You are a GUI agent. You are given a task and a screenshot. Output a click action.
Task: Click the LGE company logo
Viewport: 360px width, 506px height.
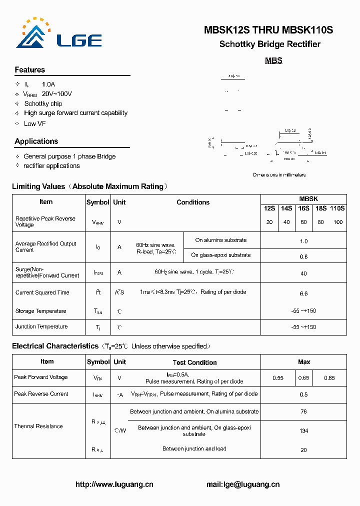[x=58, y=35]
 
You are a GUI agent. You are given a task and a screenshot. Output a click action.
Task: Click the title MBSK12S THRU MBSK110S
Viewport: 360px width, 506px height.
[x=268, y=30]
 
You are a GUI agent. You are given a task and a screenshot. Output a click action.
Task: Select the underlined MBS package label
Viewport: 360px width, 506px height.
[x=273, y=60]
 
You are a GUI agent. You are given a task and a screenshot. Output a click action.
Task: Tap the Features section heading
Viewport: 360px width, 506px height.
[x=30, y=70]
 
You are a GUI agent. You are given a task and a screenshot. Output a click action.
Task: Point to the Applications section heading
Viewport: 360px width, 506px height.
[x=36, y=141]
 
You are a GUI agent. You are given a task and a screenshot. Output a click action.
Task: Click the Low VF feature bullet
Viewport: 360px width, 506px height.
[x=35, y=123]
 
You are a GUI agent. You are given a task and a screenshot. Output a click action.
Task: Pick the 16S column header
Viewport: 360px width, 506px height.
[x=303, y=208]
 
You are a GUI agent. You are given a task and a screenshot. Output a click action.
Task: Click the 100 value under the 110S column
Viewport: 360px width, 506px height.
[x=338, y=222]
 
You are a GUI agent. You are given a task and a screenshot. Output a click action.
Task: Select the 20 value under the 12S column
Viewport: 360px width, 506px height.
[x=269, y=222]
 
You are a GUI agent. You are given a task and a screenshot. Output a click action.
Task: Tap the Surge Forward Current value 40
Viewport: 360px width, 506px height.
[x=303, y=273]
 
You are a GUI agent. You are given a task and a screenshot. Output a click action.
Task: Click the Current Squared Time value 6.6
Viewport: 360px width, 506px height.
[x=303, y=293]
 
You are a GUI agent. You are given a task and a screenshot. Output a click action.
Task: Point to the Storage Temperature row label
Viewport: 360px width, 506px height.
[x=40, y=311]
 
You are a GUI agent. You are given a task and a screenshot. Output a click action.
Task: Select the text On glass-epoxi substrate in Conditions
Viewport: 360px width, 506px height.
[x=221, y=255]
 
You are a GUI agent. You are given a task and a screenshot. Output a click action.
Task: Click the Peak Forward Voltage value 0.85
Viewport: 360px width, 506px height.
[x=329, y=378]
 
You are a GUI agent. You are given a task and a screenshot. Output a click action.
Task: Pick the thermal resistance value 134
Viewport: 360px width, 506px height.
[x=303, y=430]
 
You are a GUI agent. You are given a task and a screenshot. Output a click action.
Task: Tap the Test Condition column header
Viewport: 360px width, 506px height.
[x=194, y=362]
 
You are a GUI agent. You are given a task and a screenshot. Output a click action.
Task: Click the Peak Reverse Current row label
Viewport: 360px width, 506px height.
[x=41, y=394]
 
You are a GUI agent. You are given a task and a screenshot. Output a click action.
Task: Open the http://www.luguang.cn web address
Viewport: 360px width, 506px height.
[x=114, y=484]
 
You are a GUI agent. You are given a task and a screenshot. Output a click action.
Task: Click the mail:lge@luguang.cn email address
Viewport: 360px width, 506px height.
[x=243, y=484]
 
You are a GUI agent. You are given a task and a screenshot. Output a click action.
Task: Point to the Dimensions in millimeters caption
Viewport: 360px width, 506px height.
[x=279, y=175]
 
